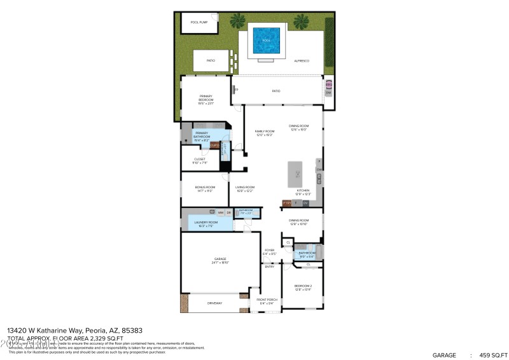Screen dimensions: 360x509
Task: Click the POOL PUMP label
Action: coord(199,22)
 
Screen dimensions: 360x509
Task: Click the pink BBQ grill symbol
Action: coord(329,84)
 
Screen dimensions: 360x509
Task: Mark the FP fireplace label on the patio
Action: coord(236,90)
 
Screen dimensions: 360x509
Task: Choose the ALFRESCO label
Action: coord(301,60)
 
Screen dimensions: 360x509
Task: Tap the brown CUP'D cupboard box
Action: coord(214,145)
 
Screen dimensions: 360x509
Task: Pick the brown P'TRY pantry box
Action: coord(287,203)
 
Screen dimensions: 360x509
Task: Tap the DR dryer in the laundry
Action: coord(228,212)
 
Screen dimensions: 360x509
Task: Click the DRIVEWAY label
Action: coord(215,303)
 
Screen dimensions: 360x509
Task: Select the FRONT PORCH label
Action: coord(267,301)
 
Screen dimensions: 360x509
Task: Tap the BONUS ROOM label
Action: coord(205,188)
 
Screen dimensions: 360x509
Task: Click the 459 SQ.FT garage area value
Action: coord(489,355)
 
